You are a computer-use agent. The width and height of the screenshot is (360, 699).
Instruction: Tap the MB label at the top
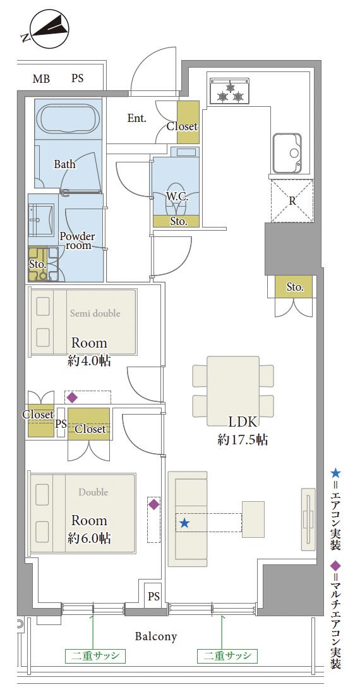tap(41, 80)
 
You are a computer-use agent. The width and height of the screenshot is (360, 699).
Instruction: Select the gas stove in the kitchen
tap(229, 92)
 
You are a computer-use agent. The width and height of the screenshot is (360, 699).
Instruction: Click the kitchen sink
tap(287, 153)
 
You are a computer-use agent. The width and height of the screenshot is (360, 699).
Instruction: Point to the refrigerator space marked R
tap(292, 200)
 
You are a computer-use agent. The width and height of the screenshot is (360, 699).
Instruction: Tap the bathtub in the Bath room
tap(68, 119)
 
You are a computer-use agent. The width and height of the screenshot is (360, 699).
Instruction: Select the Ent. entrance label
tap(137, 118)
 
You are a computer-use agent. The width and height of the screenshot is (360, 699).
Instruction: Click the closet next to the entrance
tap(188, 122)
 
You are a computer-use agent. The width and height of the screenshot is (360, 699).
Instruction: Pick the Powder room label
tap(78, 241)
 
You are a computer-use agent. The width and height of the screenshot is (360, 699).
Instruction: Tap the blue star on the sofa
tap(184, 523)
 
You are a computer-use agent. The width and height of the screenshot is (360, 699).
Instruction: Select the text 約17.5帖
tap(243, 441)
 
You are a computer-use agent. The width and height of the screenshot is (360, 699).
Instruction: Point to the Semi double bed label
tap(95, 313)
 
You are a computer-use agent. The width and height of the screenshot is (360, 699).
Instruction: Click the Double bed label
tap(93, 492)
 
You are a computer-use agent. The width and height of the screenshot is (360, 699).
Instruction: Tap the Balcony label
tap(156, 636)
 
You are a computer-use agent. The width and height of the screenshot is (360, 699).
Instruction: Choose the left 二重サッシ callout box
tap(93, 656)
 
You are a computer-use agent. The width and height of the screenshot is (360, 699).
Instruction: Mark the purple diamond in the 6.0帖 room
tap(153, 504)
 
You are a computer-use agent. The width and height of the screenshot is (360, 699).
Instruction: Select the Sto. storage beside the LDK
tap(294, 287)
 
